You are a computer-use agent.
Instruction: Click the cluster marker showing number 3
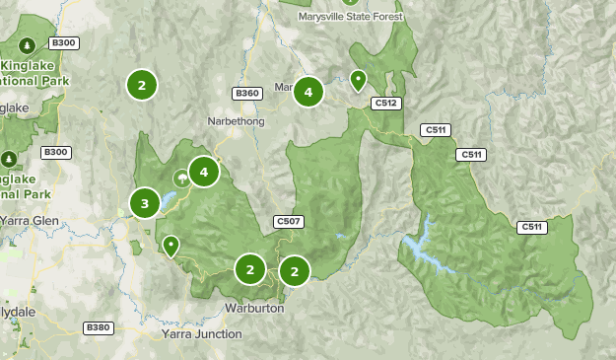coord(145,204)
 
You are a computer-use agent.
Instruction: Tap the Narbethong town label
coord(237,121)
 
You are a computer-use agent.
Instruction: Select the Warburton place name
coord(252,309)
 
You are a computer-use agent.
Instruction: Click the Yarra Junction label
coord(201,334)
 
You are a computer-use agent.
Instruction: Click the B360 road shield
coord(246,94)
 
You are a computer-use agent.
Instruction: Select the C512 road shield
coord(385,103)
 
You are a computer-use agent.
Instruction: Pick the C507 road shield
coord(289,221)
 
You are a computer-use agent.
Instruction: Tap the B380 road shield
coord(99,327)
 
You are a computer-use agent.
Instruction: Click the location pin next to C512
coord(359,79)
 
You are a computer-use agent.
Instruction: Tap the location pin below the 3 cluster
coord(171,245)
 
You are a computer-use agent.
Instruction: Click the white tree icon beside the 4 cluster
coord(181,179)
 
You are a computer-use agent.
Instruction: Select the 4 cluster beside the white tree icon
coord(204,173)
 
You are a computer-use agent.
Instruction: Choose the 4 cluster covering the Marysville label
coord(308,92)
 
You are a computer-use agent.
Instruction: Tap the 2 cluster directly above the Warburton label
coord(250,269)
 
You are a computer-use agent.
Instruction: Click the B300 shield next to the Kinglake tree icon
coord(63,43)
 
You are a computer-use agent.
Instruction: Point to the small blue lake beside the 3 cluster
coord(168,203)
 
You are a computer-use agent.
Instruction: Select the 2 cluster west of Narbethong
coord(142,85)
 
